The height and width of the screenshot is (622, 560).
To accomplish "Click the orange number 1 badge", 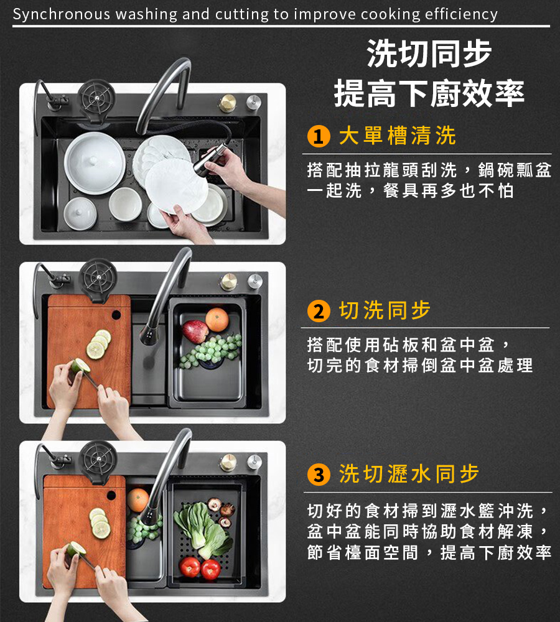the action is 319,136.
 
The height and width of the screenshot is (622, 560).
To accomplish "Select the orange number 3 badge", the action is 319,475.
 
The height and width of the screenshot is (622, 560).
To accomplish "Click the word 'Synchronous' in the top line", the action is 61,14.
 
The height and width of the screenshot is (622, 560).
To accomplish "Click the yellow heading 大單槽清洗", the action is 397,136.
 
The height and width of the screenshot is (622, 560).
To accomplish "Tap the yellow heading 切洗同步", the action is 385,310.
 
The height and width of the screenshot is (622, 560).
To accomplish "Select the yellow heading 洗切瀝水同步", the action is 409,473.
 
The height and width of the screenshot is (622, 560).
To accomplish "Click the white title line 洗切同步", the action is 429,53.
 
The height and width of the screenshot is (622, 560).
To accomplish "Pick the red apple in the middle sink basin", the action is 195,331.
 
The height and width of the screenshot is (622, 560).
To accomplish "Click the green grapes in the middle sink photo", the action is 210,350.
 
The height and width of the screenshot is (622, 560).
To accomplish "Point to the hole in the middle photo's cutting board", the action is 116,315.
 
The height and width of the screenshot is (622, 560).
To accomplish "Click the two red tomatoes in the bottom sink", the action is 200,568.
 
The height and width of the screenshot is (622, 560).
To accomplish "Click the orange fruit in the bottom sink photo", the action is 138,500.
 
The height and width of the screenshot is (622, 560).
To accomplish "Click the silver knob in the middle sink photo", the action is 254,281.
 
